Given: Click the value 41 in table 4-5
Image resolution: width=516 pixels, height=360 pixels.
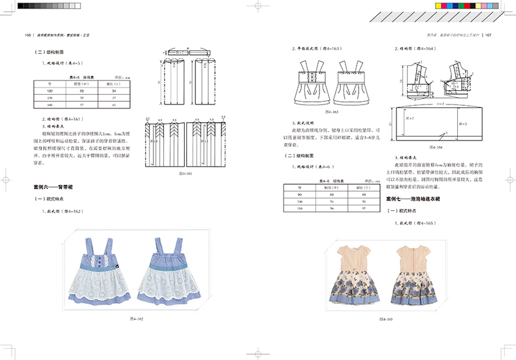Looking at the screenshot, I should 114,105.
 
